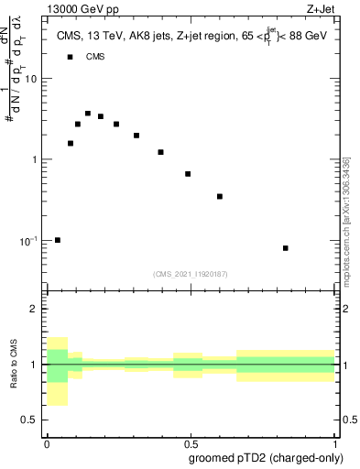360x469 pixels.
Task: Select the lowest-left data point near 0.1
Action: [x=58, y=240]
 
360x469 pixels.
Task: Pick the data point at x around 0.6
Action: [x=220, y=196]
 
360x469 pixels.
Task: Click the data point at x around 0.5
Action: [x=188, y=174]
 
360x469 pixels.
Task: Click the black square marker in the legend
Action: [x=70, y=57]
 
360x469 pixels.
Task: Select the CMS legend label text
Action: [x=95, y=57]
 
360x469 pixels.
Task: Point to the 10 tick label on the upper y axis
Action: [x=32, y=79]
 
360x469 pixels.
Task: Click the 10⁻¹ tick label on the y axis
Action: [x=29, y=241]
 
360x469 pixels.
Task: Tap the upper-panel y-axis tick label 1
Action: [x=36, y=159]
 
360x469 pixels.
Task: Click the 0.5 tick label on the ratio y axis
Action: [x=31, y=420]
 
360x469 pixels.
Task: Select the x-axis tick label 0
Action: [x=47, y=442]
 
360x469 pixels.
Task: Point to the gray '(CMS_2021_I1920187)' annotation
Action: [x=191, y=273]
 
